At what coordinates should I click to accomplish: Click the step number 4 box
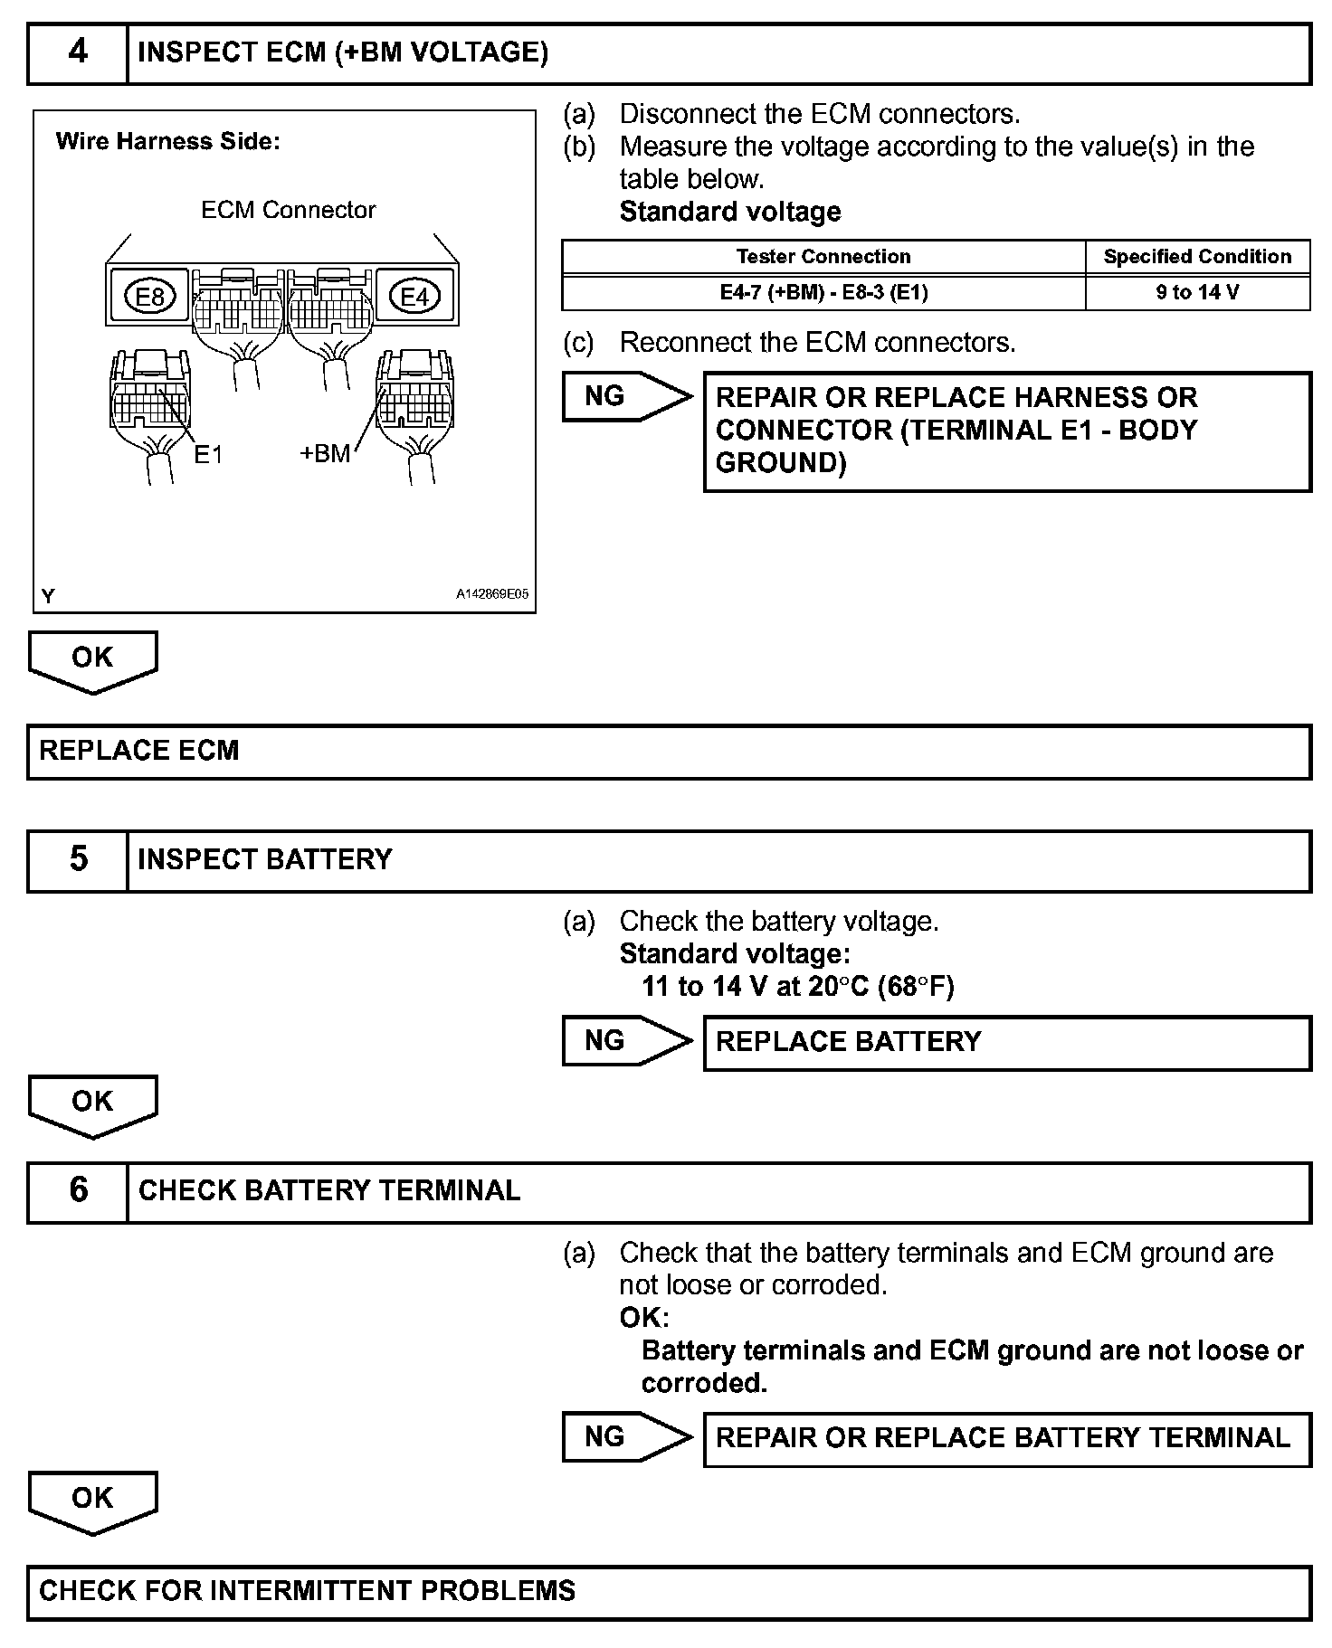(x=78, y=53)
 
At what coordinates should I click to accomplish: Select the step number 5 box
(x=78, y=859)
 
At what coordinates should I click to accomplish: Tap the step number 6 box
(x=78, y=1190)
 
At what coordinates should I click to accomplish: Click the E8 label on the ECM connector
(x=149, y=296)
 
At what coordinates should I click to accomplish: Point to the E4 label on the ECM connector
(x=414, y=296)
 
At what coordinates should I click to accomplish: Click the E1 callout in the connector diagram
(x=208, y=454)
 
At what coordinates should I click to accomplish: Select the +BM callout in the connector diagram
(x=325, y=453)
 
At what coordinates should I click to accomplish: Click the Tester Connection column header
(x=823, y=257)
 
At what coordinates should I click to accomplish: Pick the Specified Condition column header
(x=1197, y=257)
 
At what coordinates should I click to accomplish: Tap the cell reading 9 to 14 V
(x=1197, y=293)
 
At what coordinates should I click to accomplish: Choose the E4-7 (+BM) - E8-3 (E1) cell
(x=823, y=293)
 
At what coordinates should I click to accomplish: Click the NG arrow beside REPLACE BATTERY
(x=624, y=1041)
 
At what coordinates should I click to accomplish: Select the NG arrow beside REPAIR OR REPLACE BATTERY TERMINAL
(x=624, y=1437)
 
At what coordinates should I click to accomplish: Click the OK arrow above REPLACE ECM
(x=92, y=660)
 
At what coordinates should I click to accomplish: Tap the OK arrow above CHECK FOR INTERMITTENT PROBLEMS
(x=92, y=1501)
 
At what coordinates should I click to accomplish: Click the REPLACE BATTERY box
(x=1006, y=1043)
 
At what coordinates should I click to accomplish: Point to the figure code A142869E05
(x=492, y=595)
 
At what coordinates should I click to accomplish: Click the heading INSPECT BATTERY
(x=265, y=859)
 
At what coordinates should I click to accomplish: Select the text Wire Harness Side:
(x=168, y=142)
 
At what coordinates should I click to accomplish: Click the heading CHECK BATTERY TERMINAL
(x=329, y=1190)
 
